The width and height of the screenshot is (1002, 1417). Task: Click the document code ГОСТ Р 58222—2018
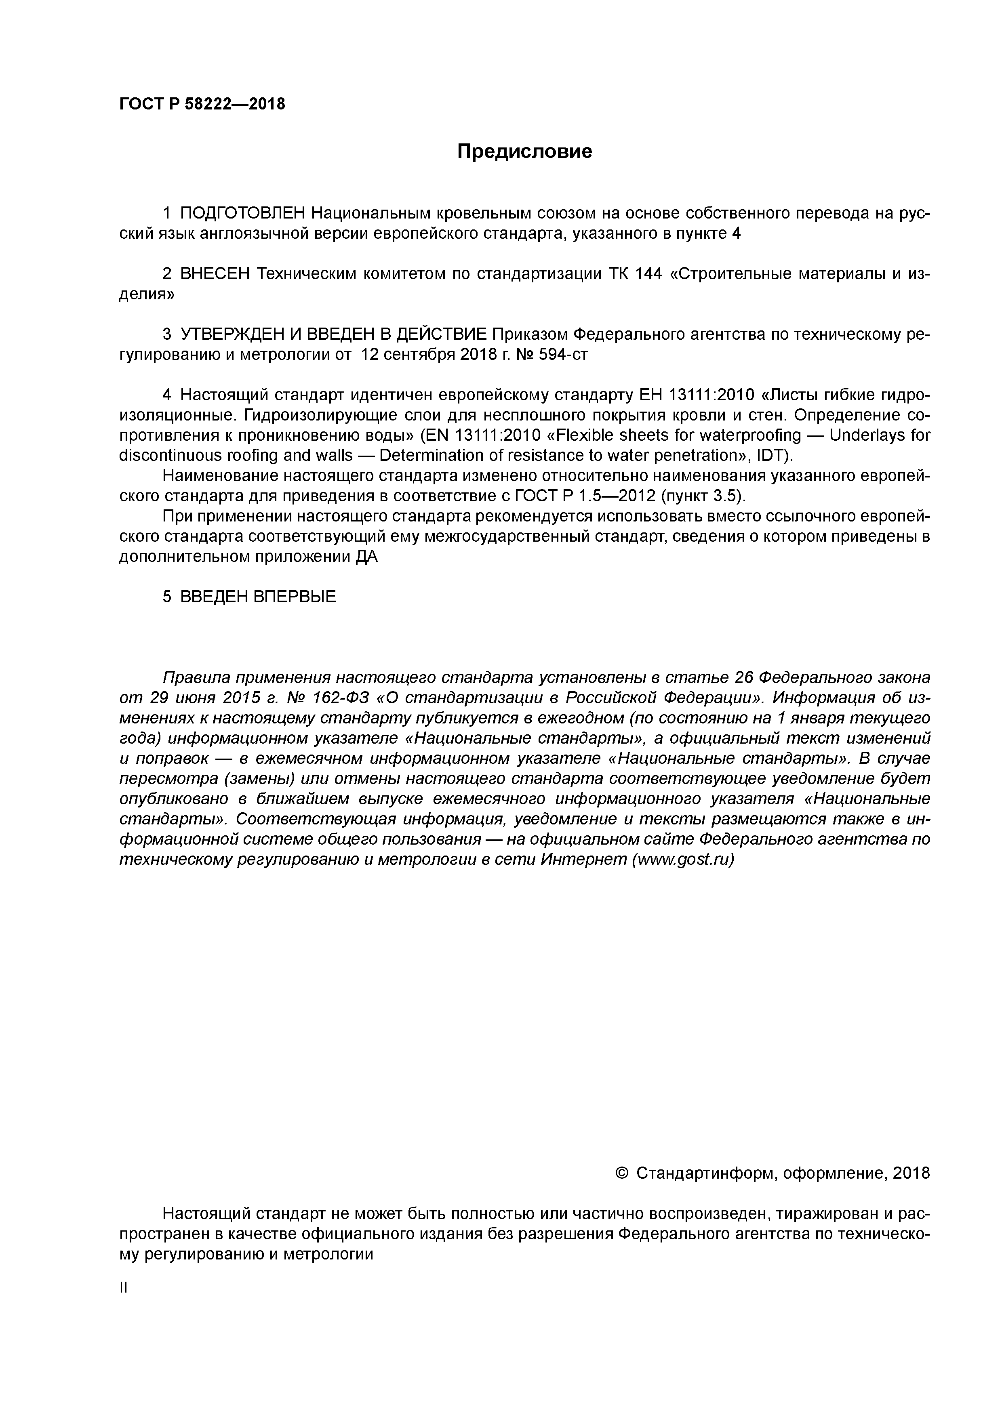[x=202, y=104]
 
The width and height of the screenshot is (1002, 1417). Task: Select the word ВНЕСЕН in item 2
[x=215, y=274]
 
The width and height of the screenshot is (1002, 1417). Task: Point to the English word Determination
[x=430, y=456]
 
